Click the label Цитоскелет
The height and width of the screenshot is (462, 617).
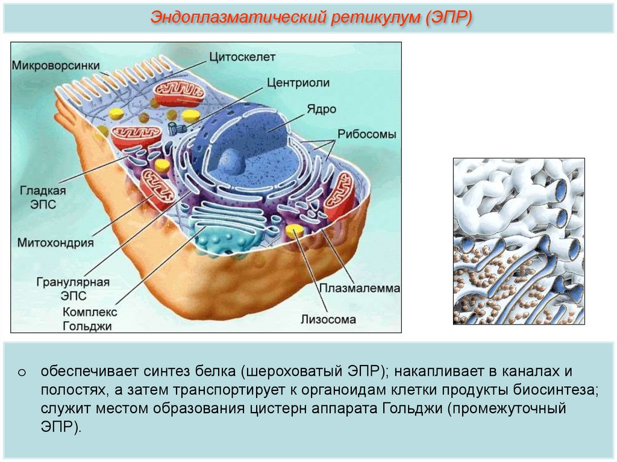(x=242, y=57)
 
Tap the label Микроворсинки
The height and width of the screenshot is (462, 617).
(x=55, y=65)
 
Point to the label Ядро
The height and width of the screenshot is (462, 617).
(x=322, y=110)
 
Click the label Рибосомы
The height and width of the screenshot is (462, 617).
(x=366, y=134)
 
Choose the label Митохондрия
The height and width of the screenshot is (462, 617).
(x=55, y=243)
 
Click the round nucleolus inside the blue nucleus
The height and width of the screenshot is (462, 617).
(x=231, y=161)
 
